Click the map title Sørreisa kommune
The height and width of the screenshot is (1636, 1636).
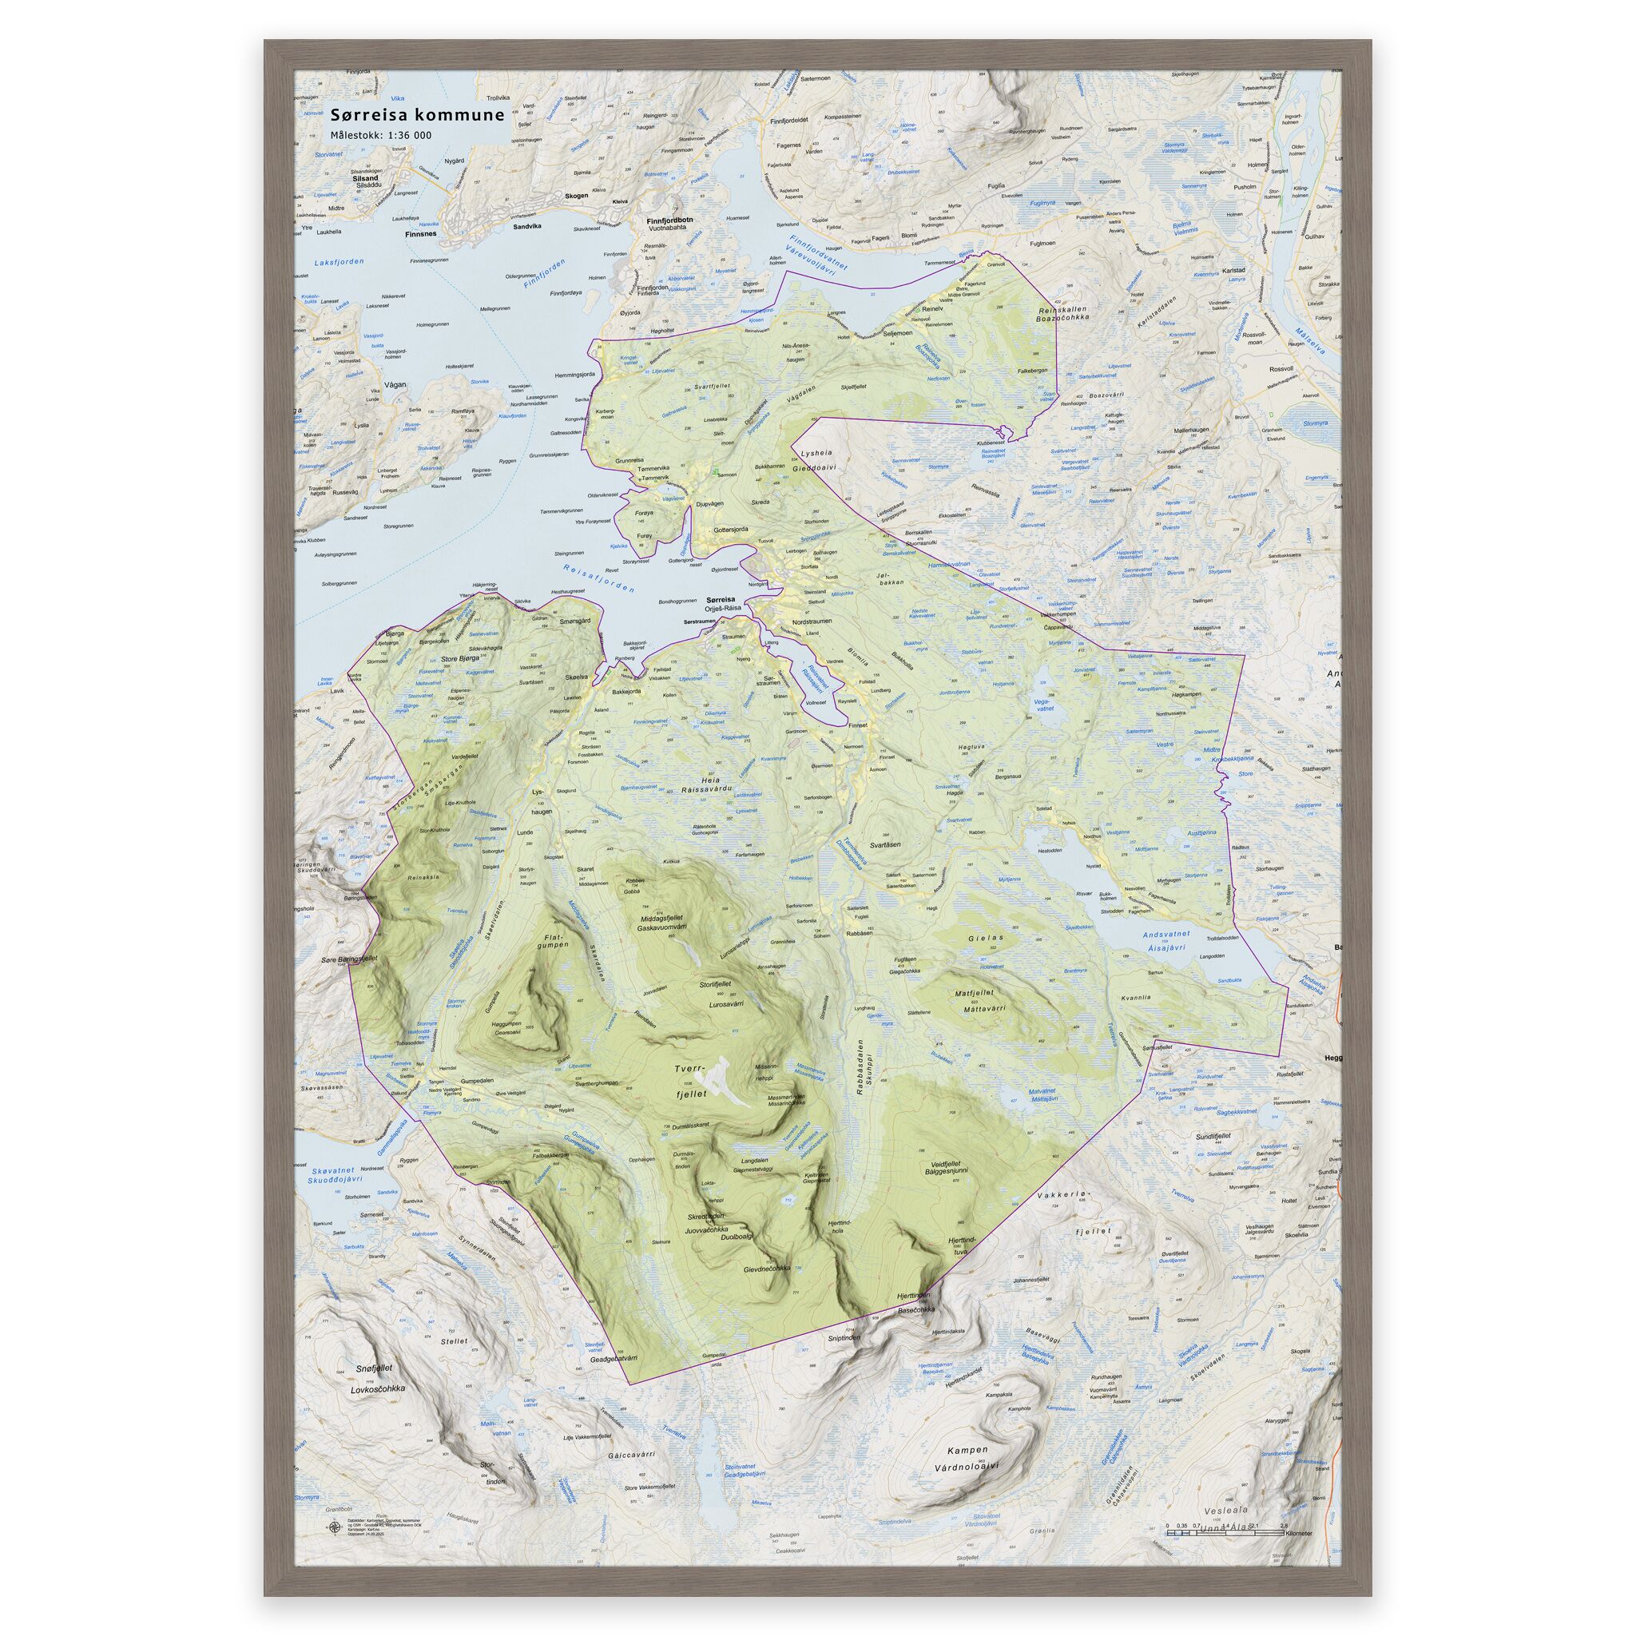point(418,115)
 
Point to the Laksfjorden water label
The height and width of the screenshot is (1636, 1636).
point(338,263)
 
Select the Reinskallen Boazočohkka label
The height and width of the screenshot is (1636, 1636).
point(1062,314)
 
